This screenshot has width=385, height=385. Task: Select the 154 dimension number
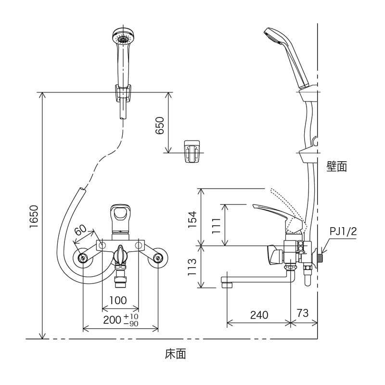pos(191,219)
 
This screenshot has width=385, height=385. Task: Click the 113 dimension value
pos(191,267)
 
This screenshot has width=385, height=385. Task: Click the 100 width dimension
pos(118,301)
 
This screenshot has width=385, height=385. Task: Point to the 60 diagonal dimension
pos(80,230)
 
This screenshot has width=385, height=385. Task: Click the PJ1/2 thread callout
pos(343,231)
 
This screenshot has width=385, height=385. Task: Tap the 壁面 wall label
pos(336,167)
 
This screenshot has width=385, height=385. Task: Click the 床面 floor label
pos(175,355)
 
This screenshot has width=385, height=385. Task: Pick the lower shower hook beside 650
pos(193,151)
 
